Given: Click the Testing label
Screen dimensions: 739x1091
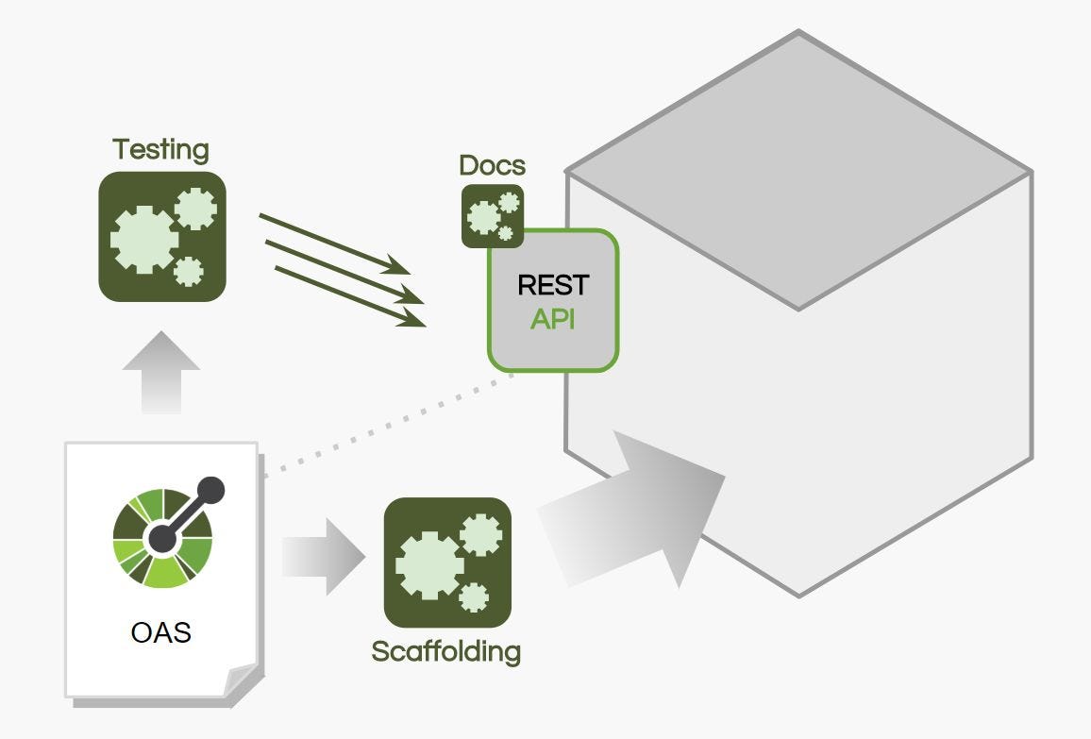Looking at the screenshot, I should [160, 149].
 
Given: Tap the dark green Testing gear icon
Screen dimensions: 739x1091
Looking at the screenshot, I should [162, 237].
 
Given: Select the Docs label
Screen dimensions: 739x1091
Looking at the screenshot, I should [492, 166].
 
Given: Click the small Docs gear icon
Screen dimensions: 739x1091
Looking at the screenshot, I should [493, 216].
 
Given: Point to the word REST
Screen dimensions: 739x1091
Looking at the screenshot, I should [553, 285].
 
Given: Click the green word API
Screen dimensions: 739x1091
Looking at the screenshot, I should [553, 319].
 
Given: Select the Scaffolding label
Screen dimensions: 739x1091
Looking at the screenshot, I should [445, 651].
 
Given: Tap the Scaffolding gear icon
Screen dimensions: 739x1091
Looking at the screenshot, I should [447, 562].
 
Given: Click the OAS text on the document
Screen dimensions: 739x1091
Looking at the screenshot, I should [160, 630].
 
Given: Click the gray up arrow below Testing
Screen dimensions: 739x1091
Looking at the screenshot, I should [161, 372].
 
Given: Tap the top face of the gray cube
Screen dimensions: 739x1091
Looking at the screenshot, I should [798, 170].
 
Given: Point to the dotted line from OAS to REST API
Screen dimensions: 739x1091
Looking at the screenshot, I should [387, 425].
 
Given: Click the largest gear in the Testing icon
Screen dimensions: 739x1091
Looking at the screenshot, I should [143, 240].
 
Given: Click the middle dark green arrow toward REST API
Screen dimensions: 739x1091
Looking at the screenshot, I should [344, 272].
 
